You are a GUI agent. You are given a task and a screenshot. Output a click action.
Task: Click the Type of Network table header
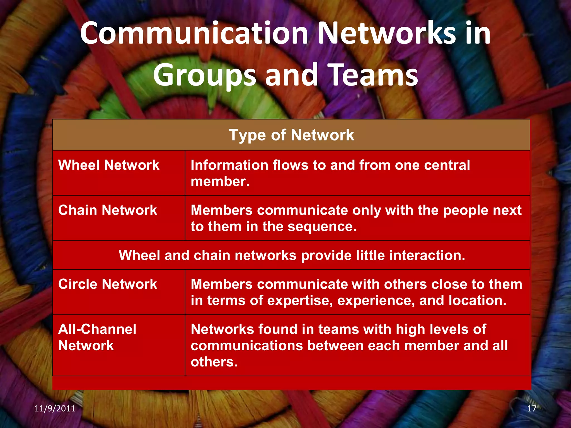pyautogui.click(x=291, y=135)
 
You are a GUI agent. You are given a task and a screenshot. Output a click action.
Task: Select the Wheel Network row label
pyautogui.click(x=109, y=165)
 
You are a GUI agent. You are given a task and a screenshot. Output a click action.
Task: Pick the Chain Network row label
pyautogui.click(x=108, y=210)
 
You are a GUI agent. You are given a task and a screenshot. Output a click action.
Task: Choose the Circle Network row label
pyautogui.click(x=108, y=284)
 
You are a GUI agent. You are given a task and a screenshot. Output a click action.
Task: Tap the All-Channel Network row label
pyautogui.click(x=97, y=337)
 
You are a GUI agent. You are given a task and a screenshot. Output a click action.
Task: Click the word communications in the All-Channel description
pyautogui.click(x=246, y=346)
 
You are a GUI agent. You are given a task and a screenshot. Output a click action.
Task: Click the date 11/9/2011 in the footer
pyautogui.click(x=55, y=408)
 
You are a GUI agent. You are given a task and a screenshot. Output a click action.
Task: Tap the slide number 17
pyautogui.click(x=532, y=408)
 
